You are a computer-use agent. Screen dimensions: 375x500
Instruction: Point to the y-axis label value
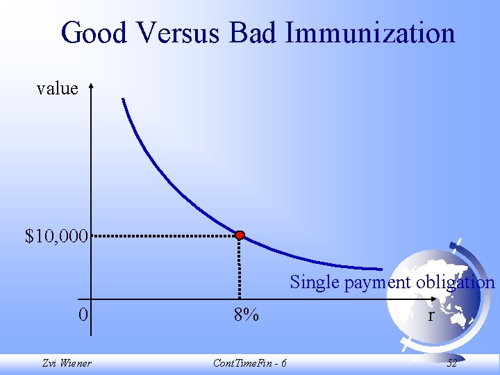point(57,88)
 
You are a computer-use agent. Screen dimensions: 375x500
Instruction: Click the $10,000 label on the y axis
point(56,236)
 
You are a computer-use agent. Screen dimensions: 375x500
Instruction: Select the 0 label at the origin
point(83,315)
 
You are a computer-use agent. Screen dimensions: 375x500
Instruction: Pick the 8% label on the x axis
point(246,315)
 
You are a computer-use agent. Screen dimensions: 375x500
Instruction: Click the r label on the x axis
point(431,315)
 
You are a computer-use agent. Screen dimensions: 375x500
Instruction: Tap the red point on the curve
point(240,235)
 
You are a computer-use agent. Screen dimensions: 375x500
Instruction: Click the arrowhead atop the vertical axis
point(90,86)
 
